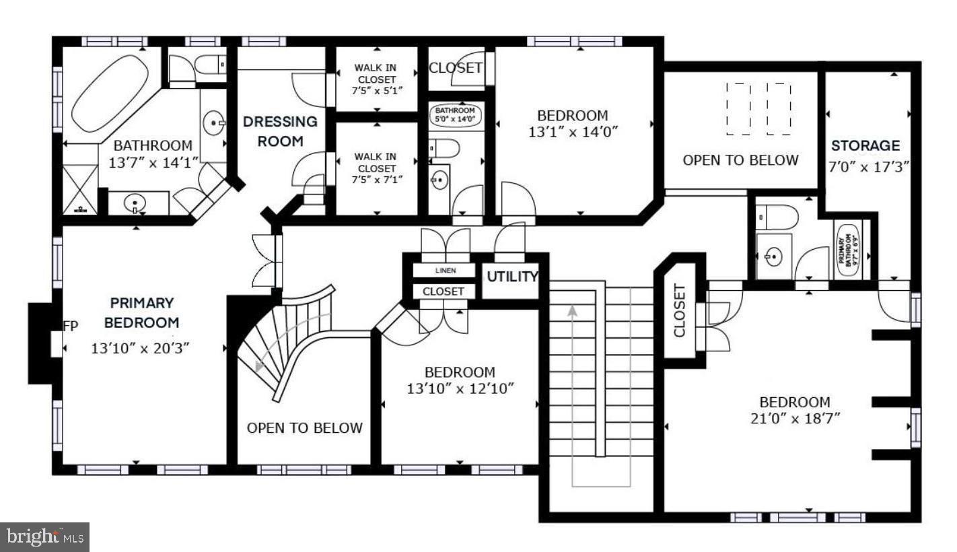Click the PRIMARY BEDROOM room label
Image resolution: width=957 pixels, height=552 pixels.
coord(142,313)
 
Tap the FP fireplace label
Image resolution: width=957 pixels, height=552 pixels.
coord(71,326)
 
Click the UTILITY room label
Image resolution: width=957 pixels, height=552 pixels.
coord(512,276)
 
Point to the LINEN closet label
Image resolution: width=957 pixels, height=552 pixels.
coord(445,271)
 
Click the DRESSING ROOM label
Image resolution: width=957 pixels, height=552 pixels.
coord(280,131)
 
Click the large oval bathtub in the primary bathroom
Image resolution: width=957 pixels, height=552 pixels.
coord(110,93)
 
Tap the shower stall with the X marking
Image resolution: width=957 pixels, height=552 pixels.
coord(79,190)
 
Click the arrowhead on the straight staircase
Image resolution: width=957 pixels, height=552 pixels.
coord(573,311)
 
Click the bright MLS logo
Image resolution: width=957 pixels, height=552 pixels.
coord(45,537)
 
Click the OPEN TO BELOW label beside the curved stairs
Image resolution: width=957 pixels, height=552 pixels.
coord(304,427)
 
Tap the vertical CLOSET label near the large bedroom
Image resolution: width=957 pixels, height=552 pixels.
coord(679,311)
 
